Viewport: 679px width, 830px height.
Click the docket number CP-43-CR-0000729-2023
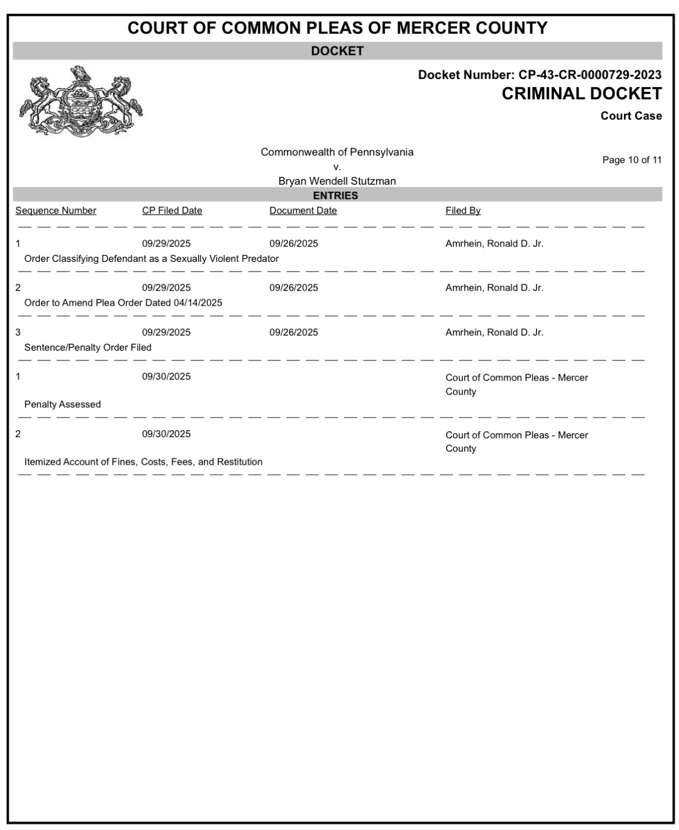590,75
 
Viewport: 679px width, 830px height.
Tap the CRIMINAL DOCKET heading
581,94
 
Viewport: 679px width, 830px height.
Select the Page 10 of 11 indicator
632,160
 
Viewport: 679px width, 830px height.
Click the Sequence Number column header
56,210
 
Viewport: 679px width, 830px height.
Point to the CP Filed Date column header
172,210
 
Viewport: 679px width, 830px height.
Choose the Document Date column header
303,210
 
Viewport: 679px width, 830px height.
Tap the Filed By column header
463,210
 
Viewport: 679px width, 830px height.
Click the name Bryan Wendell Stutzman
337,181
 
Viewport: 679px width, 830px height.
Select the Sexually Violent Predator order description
151,258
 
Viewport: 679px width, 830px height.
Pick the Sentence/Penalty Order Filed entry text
88,347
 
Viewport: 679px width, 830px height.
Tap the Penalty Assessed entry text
63,404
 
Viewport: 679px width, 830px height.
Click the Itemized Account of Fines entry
143,462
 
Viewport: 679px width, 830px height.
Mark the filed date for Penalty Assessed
166,376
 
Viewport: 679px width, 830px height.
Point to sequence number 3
18,332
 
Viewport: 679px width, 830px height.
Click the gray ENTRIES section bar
337,195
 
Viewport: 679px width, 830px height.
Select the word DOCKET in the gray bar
337,51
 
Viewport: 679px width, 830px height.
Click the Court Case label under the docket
631,116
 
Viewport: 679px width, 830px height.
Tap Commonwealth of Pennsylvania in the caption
337,152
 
